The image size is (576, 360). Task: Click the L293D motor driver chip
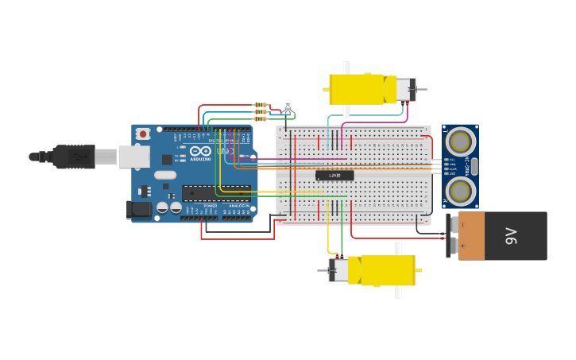[x=334, y=175]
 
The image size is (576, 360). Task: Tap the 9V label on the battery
[x=511, y=235]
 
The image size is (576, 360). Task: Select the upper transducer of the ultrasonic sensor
[x=459, y=142]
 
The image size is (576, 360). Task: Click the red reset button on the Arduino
[x=143, y=134]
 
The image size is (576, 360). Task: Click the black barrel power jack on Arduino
[x=138, y=210]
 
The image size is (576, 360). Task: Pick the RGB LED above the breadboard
[x=288, y=106]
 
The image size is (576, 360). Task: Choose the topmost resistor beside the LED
[x=260, y=105]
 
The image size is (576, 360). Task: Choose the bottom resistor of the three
[x=260, y=118]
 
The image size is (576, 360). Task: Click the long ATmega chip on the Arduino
[x=216, y=192]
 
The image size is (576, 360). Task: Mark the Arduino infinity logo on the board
[x=200, y=150]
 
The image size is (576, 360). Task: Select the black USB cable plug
[x=75, y=157]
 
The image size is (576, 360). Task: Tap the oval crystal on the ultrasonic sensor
[x=474, y=166]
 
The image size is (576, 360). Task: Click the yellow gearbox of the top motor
[x=358, y=89]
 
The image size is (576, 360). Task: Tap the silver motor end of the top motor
[x=404, y=89]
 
